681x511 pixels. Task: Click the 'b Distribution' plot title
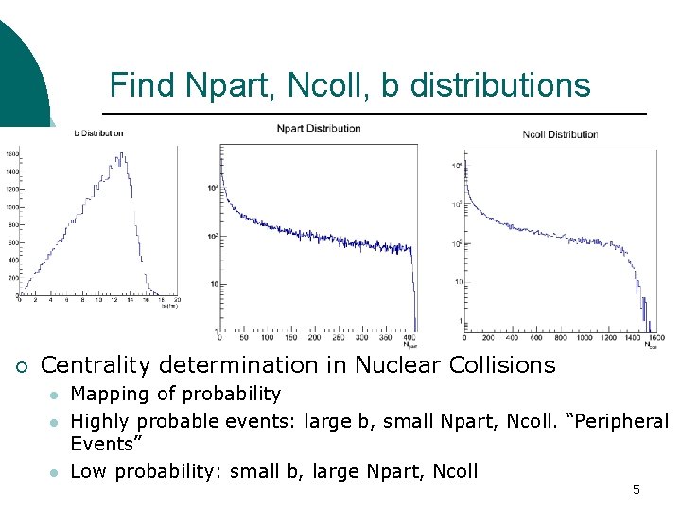[98, 133]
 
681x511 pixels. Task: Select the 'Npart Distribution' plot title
[319, 129]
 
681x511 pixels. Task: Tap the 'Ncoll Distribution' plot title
[560, 134]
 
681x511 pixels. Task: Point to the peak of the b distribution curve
[118, 154]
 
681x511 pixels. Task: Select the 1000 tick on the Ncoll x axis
[562, 337]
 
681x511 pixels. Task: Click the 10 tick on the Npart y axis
[214, 283]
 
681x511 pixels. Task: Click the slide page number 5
[637, 489]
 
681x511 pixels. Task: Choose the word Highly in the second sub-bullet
[99, 419]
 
